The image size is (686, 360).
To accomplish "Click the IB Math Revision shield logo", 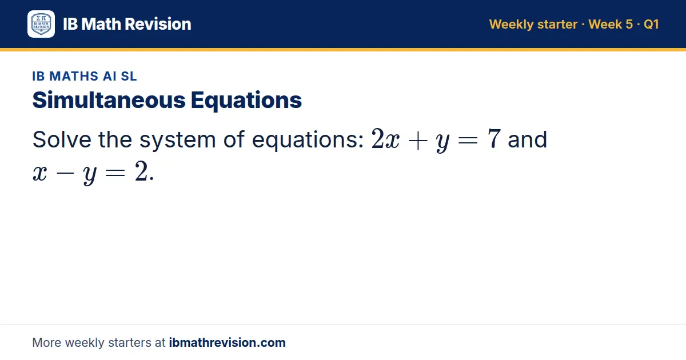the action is click(41, 24).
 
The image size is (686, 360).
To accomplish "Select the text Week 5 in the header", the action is click(611, 24).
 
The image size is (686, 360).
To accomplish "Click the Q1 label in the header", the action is click(651, 24).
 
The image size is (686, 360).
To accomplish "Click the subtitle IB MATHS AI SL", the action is click(85, 76).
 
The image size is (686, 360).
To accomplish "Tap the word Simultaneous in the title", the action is click(109, 100).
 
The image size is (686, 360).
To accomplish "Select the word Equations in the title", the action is click(246, 101).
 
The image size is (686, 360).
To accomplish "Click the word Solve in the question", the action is click(62, 139).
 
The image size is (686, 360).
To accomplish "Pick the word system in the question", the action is click(178, 141).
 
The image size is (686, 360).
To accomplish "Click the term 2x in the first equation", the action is click(385, 139).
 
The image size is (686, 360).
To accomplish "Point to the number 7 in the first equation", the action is click(494, 139).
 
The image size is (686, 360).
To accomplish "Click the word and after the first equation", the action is click(527, 139).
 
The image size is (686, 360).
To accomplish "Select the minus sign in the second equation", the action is click(65, 173).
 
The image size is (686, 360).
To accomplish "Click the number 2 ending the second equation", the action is click(142, 171).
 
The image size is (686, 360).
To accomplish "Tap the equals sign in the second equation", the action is click(115, 173).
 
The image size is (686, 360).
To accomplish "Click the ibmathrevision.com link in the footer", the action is click(228, 342).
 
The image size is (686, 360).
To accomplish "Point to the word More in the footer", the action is click(46, 342).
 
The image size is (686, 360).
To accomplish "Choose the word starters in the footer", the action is click(130, 343).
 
